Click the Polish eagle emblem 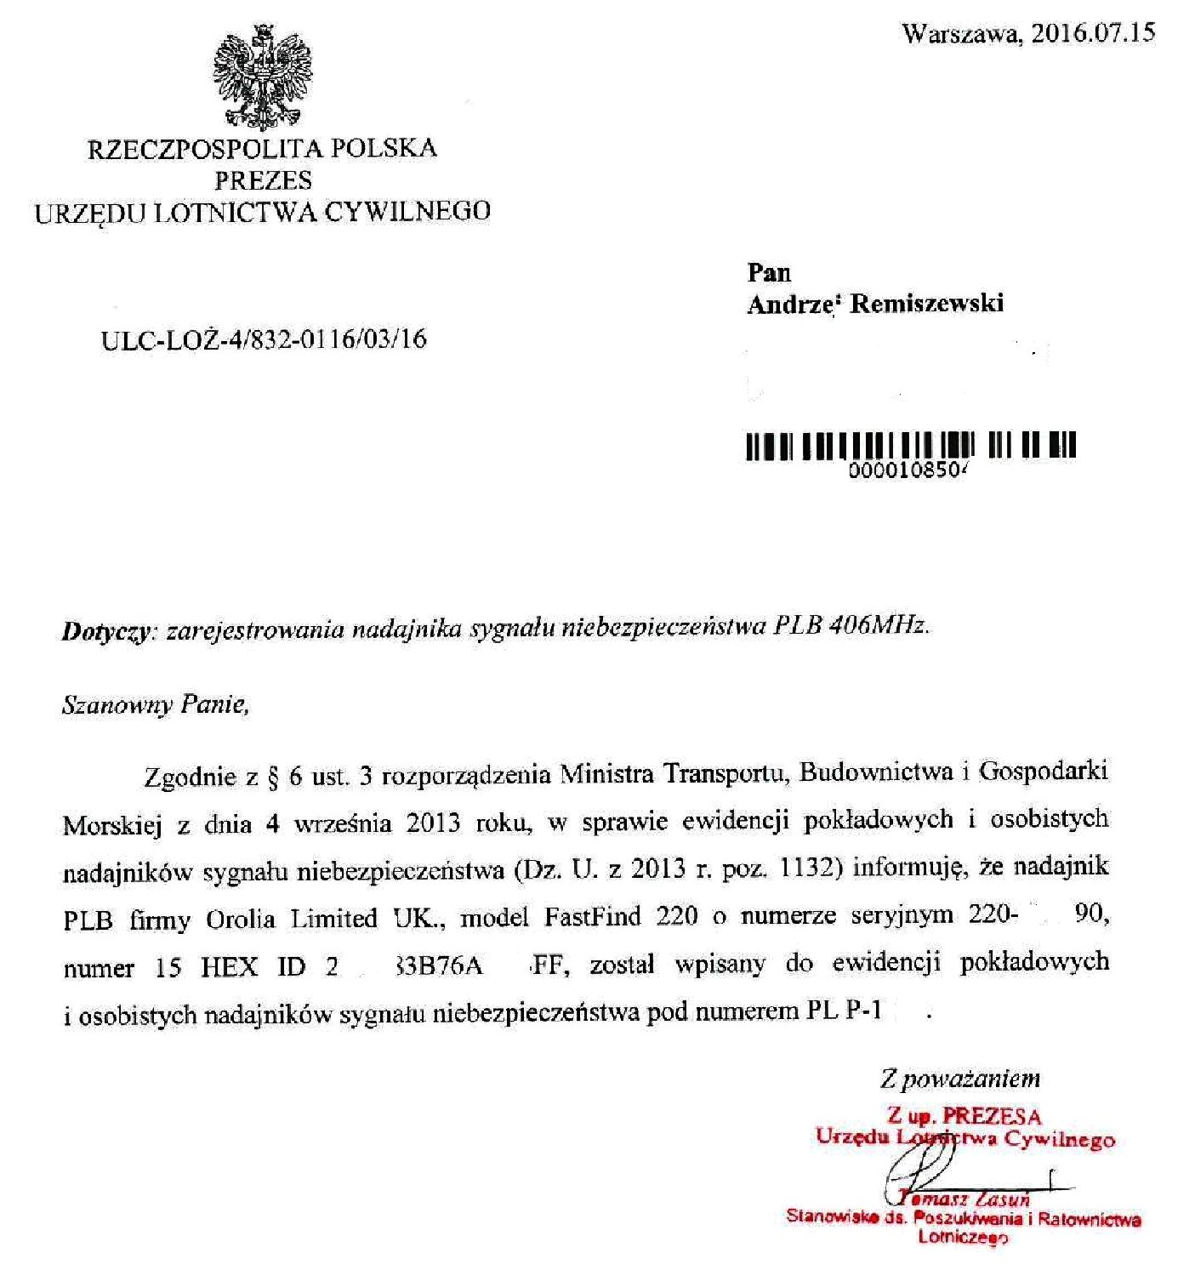point(263,77)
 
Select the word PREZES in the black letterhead point(264,180)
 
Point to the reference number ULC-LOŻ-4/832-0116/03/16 point(264,339)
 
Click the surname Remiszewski point(927,304)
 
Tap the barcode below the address point(910,446)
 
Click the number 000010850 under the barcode point(910,471)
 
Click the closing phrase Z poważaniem point(960,1079)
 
